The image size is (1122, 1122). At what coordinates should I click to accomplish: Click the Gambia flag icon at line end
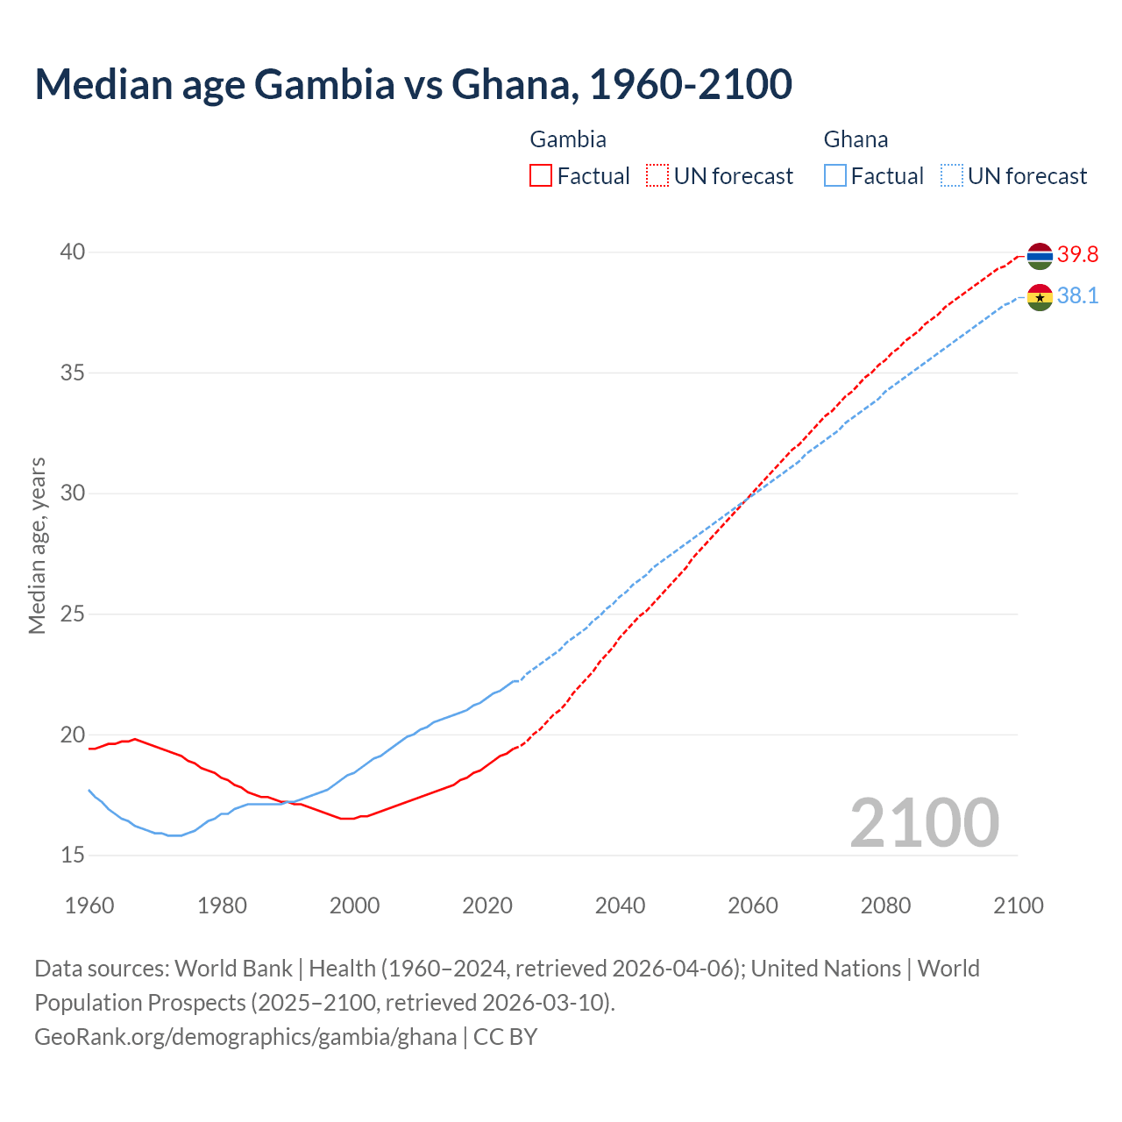pos(1040,256)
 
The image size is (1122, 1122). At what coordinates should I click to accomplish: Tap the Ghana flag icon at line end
pos(1040,297)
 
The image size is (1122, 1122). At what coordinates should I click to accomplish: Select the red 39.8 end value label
pos(1077,255)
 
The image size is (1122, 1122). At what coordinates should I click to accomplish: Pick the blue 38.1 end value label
pos(1077,296)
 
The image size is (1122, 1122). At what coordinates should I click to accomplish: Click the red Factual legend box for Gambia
pos(541,176)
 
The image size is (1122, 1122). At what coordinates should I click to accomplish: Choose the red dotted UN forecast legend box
pos(657,176)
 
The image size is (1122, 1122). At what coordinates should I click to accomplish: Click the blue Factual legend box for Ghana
pos(835,176)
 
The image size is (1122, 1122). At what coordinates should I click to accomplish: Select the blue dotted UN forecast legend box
pos(952,176)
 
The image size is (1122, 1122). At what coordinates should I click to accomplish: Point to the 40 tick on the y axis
pos(72,252)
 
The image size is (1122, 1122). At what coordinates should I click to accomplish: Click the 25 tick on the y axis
pos(72,614)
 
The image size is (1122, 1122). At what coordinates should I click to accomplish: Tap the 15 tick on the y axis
pos(72,855)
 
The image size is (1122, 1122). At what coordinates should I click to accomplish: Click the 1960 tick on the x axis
pos(89,905)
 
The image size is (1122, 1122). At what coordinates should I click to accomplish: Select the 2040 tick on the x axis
pos(620,905)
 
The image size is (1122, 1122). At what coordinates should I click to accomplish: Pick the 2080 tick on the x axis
pos(885,905)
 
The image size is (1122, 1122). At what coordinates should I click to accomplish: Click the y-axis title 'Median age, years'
pos(37,545)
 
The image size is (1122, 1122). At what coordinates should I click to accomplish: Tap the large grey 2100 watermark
pos(924,823)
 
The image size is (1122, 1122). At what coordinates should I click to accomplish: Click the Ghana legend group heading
pos(856,139)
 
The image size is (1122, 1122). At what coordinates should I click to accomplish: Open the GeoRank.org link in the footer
pos(245,1037)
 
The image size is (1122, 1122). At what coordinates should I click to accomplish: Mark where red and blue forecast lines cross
pos(745,501)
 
